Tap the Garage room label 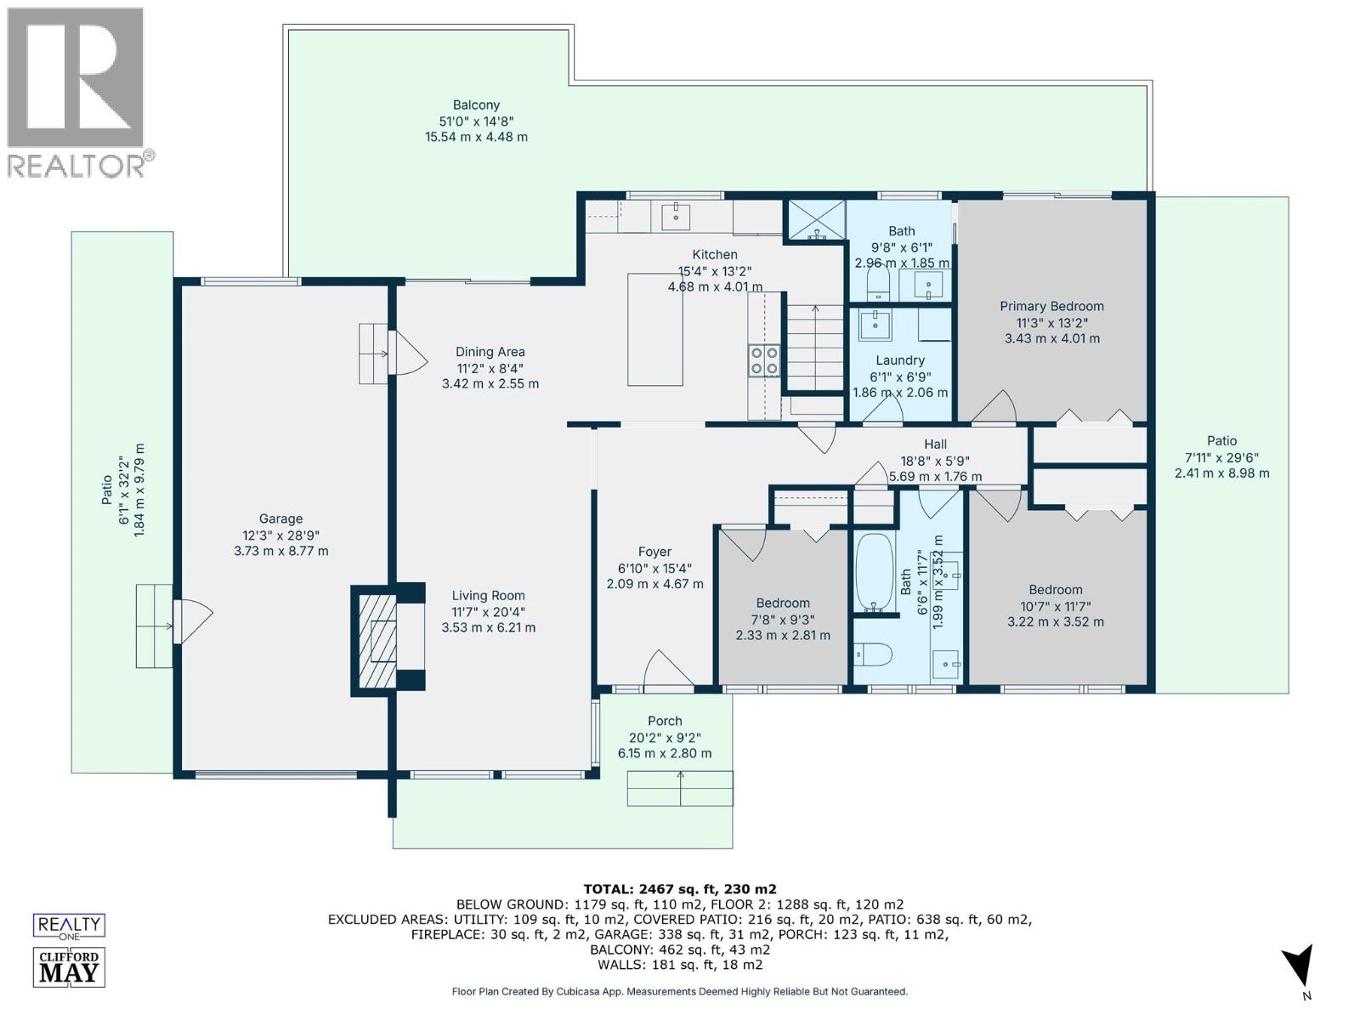pyautogui.click(x=280, y=518)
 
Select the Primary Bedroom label pyautogui.click(x=1051, y=307)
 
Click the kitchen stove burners pyautogui.click(x=763, y=360)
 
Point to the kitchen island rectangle pyautogui.click(x=655, y=329)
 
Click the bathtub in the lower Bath pyautogui.click(x=873, y=570)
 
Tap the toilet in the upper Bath pyautogui.click(x=876, y=280)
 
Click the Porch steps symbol pyautogui.click(x=680, y=789)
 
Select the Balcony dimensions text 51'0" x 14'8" pyautogui.click(x=476, y=122)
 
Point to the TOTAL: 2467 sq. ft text pyautogui.click(x=680, y=889)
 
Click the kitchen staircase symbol pyautogui.click(x=814, y=348)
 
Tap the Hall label pyautogui.click(x=935, y=445)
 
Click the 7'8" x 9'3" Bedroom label pyautogui.click(x=783, y=603)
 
